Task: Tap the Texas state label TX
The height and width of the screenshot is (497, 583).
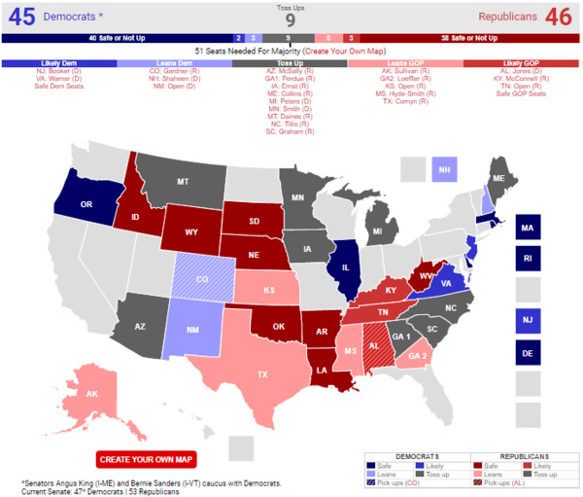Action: (x=260, y=373)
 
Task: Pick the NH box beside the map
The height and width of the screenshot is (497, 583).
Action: (x=445, y=169)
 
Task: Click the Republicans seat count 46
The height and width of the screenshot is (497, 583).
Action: (x=559, y=17)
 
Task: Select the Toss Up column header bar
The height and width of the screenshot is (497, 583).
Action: (x=291, y=62)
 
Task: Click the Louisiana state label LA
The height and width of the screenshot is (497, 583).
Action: (x=320, y=370)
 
